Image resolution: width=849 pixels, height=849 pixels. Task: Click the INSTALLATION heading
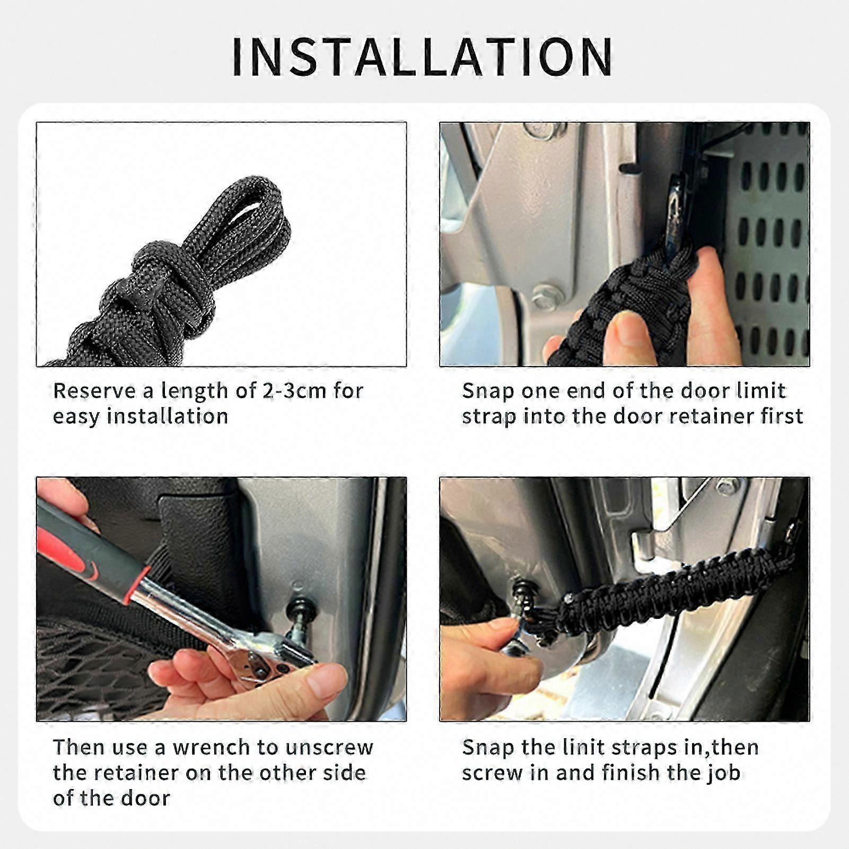(x=423, y=57)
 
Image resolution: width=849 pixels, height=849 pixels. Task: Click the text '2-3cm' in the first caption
(x=294, y=391)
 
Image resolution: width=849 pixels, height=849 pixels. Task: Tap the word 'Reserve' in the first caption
(x=94, y=391)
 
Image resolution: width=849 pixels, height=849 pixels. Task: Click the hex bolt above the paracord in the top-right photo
(x=545, y=294)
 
